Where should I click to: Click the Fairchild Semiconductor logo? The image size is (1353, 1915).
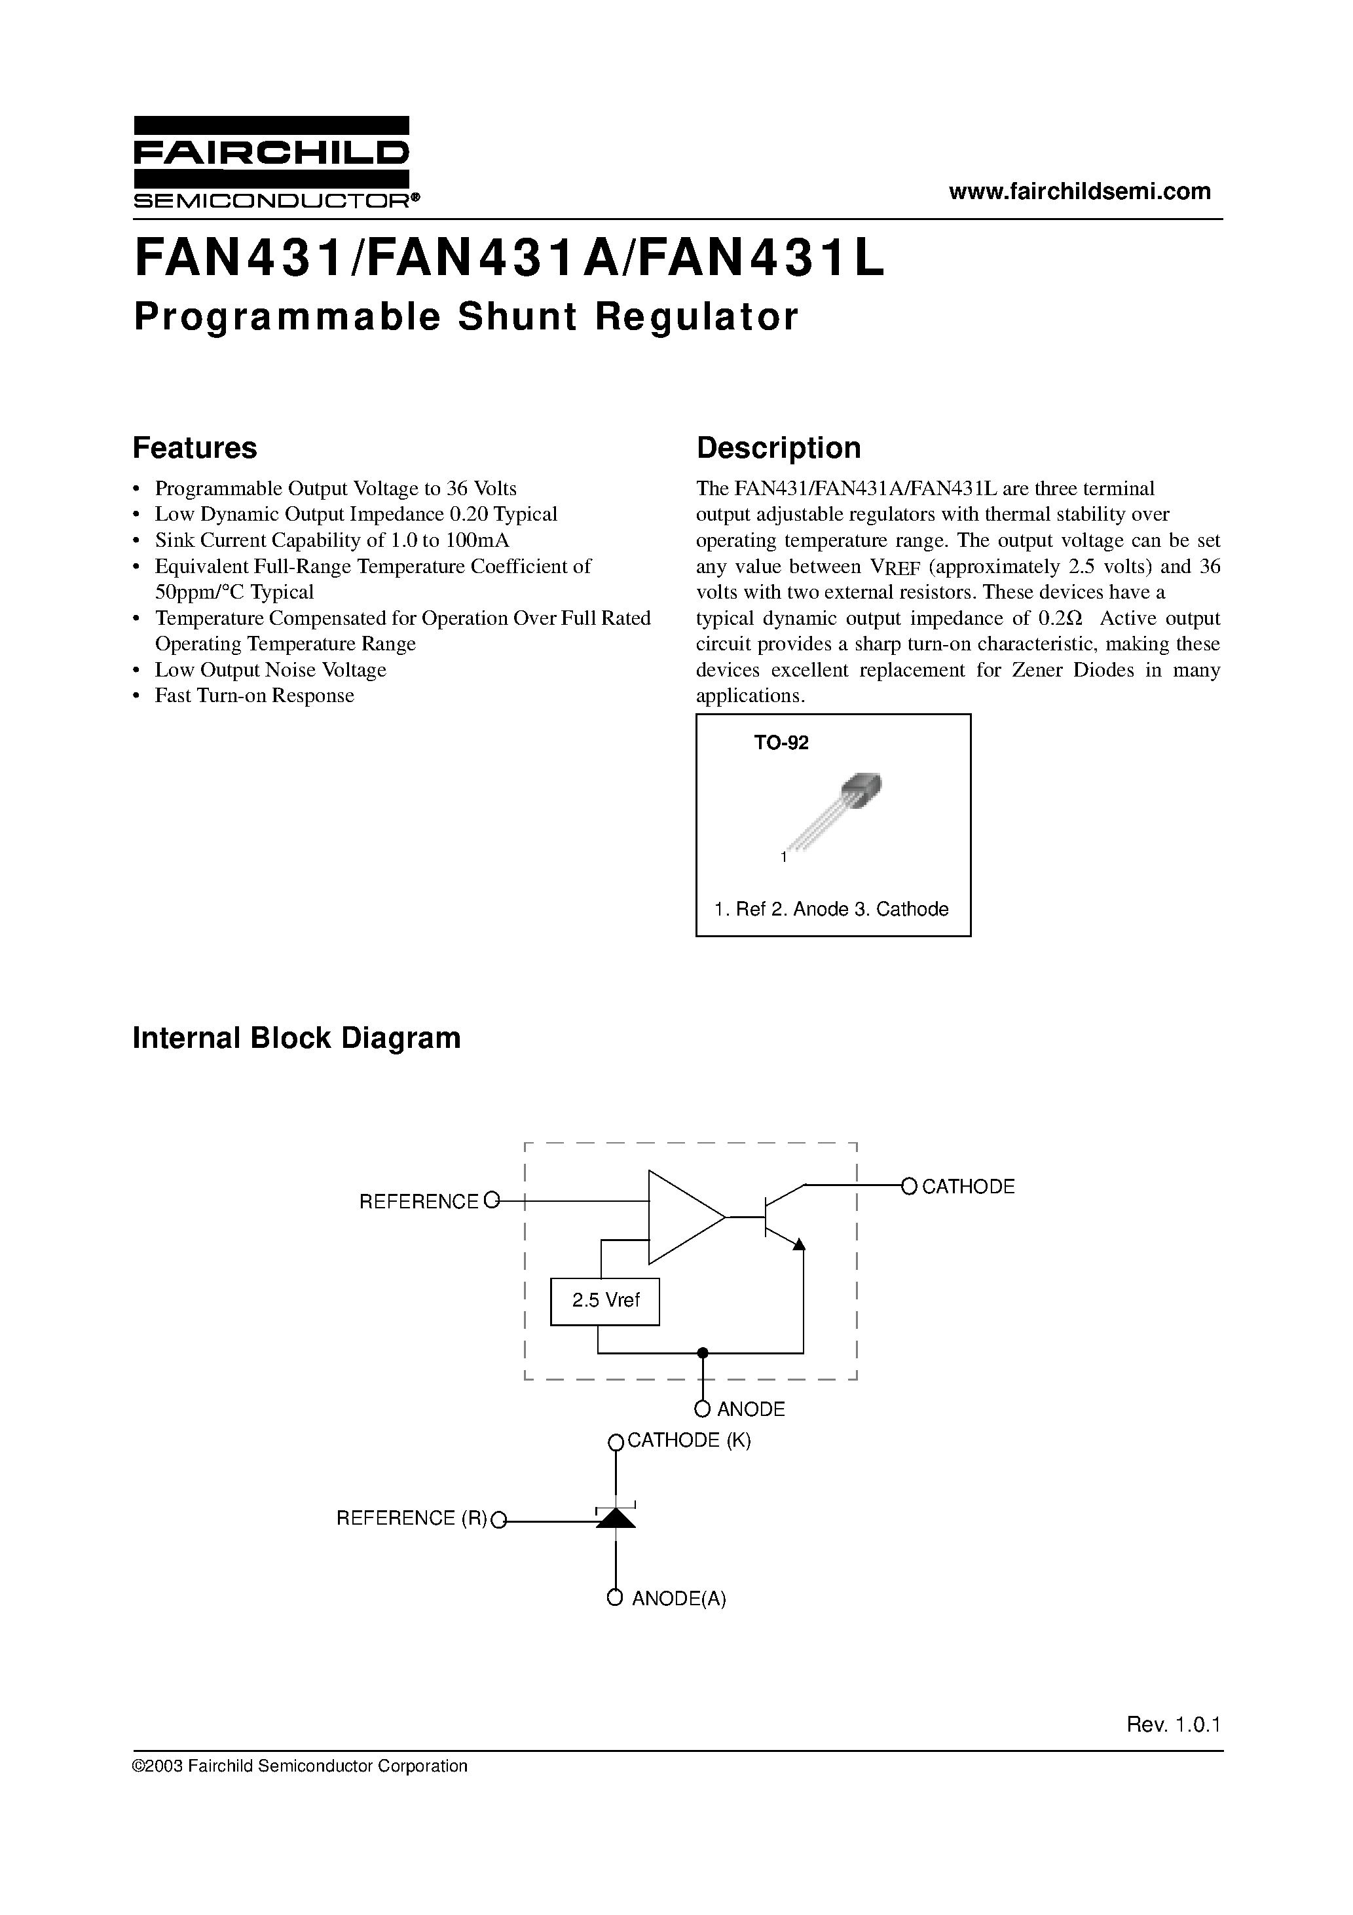272,162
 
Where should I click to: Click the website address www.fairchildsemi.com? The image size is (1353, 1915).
1079,191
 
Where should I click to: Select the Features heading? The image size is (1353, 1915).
195,448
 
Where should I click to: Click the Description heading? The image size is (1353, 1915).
778,448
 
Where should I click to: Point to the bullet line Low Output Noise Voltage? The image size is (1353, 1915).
270,670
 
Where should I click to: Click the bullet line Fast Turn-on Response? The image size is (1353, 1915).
254,696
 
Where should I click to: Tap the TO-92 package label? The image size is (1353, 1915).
781,742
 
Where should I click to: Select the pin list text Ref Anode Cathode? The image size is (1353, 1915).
832,909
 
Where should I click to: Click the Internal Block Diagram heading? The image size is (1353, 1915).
296,1037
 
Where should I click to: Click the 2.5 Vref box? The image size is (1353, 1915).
604,1300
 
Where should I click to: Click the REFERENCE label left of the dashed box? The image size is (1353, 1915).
418,1202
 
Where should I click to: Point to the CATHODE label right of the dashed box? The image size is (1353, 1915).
968,1187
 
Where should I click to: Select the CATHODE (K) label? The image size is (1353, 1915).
688,1440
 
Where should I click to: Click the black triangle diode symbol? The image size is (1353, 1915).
616,1518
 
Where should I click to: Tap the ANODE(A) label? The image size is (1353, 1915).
679,1599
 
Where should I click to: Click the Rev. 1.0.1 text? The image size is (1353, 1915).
1173,1725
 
